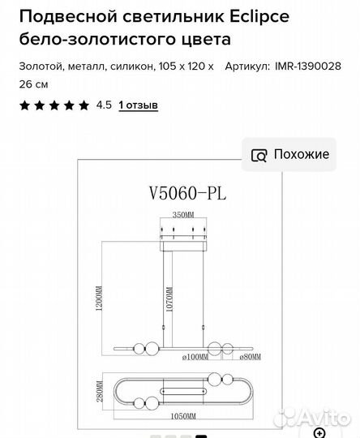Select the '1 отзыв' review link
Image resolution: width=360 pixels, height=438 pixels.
click(138, 105)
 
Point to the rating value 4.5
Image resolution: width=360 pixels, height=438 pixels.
click(104, 105)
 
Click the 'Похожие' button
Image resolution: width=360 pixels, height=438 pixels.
click(290, 154)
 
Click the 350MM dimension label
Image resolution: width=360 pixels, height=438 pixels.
click(183, 215)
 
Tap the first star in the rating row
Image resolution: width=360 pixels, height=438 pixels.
click(24, 105)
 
